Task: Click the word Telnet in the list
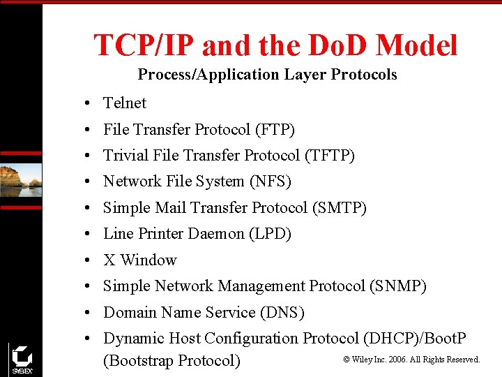tap(125, 103)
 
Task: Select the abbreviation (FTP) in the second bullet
tap(275, 130)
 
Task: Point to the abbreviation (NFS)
tap(270, 182)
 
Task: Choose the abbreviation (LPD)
tap(270, 234)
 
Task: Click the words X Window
tap(140, 260)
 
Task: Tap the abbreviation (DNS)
tap(282, 313)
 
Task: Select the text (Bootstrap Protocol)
tap(172, 361)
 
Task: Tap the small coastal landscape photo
tap(21, 180)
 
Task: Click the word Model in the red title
tap(416, 46)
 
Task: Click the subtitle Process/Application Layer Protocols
tap(267, 75)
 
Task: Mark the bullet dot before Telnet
tap(83, 104)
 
